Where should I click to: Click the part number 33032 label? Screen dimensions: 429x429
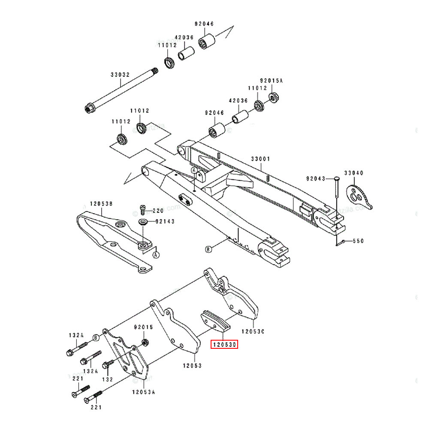click(120, 75)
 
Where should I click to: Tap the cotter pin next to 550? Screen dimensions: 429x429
click(339, 243)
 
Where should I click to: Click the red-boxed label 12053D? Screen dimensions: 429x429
click(224, 344)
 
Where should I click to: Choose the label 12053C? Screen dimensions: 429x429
click(253, 331)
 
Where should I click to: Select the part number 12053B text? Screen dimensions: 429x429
click(101, 204)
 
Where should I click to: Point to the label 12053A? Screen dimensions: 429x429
click(143, 391)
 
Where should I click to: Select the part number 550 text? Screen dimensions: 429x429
click(358, 241)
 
